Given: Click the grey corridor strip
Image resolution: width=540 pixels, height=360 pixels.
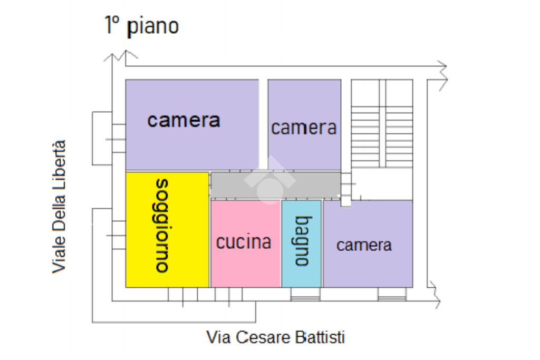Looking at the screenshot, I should tap(275, 184).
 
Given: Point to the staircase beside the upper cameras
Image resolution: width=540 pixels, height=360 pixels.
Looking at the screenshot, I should tap(382, 124).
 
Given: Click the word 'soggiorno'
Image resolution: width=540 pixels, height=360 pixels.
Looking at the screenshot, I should tap(163, 225).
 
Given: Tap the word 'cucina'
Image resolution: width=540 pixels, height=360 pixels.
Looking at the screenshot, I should tap(244, 242).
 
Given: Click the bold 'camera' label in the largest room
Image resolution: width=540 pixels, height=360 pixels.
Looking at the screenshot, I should tap(184, 120).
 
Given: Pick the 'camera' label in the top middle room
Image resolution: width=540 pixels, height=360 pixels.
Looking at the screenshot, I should tap(304, 128).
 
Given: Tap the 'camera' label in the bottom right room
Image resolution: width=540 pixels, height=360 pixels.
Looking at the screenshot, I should tap(364, 245).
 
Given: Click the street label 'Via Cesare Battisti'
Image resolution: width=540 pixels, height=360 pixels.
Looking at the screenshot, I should tap(275, 337).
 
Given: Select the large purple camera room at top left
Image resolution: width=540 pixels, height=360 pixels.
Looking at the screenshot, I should tap(192, 148).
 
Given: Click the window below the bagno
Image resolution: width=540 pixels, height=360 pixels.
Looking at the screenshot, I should tap(305, 297).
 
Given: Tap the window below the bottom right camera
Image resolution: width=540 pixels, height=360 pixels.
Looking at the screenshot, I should tap(392, 297).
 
